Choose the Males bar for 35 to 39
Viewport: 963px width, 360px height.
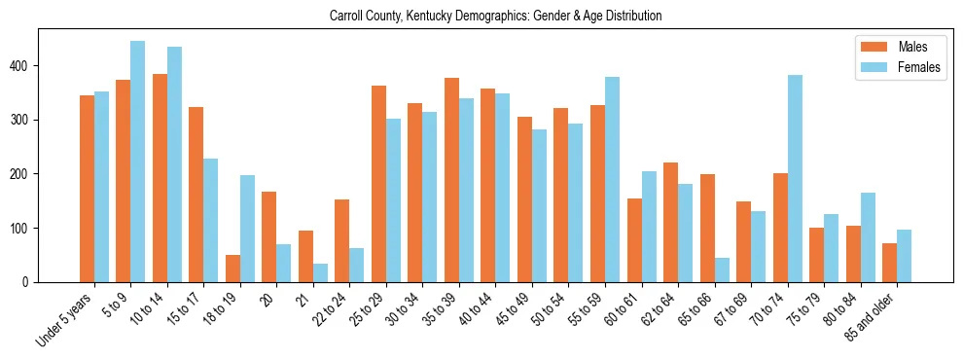(451, 180)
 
